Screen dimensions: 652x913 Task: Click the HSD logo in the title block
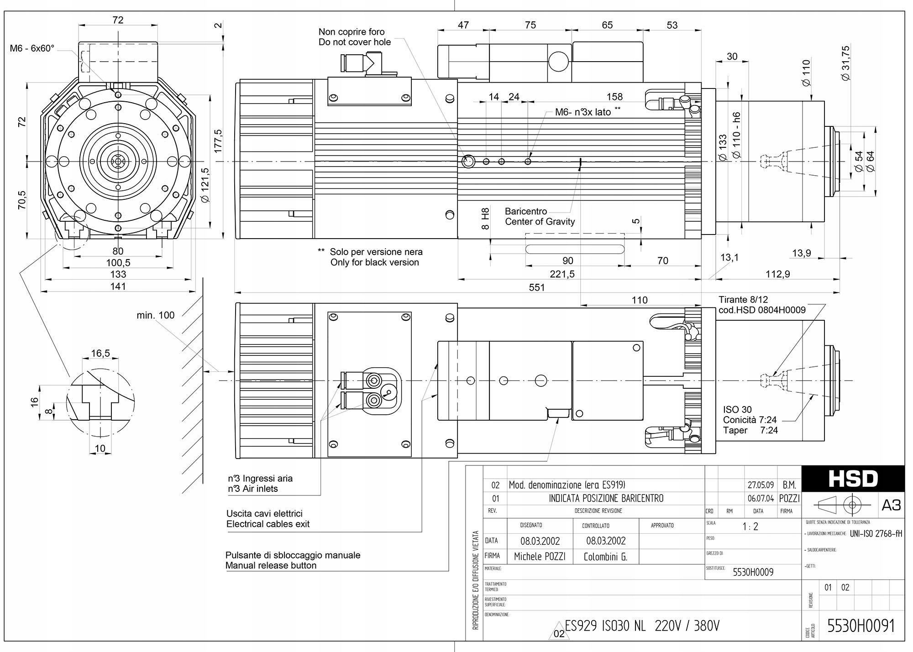point(853,479)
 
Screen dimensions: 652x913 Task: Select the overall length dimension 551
point(537,287)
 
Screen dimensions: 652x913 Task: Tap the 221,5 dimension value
point(562,274)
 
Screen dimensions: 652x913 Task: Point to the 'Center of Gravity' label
point(540,222)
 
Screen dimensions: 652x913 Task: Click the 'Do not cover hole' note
point(355,42)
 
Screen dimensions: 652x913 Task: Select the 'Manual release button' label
point(271,565)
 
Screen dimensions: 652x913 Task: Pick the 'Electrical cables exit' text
point(268,524)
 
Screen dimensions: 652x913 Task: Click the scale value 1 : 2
point(750,527)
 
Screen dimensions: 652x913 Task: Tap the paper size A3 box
point(891,505)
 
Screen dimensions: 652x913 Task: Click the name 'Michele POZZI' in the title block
point(540,557)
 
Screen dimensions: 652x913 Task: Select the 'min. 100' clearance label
point(155,315)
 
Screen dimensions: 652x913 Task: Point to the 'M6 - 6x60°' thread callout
point(32,48)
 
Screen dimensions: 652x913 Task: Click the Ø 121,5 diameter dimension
point(205,185)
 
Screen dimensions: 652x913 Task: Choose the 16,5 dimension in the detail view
point(100,353)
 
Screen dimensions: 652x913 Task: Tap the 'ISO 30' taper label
point(737,409)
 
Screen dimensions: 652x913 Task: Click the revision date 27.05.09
point(761,485)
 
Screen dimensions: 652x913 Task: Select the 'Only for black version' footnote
point(374,262)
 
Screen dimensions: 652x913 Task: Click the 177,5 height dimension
point(218,141)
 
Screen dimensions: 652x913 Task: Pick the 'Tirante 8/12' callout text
point(743,300)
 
